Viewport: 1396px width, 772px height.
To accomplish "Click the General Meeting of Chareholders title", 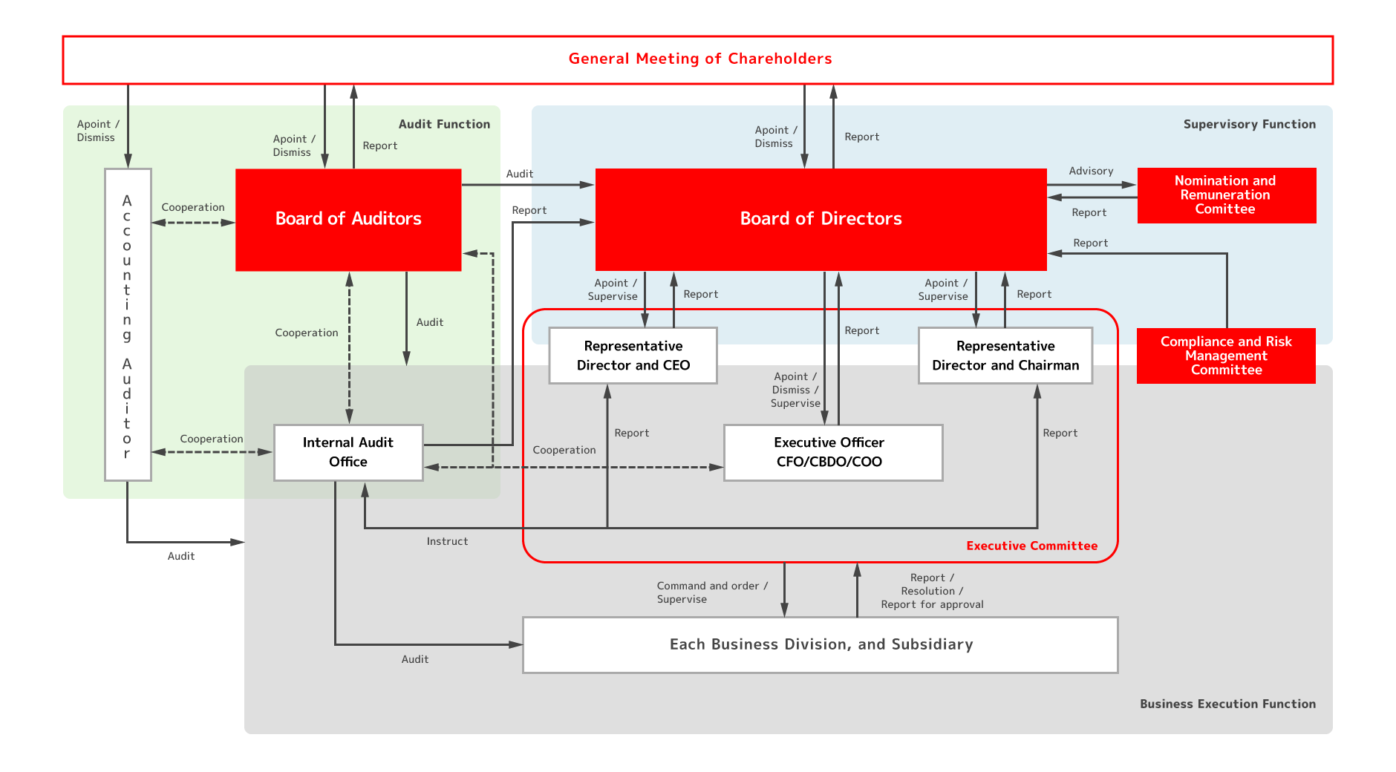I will pyautogui.click(x=699, y=59).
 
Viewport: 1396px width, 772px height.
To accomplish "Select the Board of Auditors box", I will pyautogui.click(x=348, y=219).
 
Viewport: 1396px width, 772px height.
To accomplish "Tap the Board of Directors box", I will pyautogui.click(x=821, y=219).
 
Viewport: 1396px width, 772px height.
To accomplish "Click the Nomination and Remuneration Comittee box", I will pyautogui.click(x=1226, y=195).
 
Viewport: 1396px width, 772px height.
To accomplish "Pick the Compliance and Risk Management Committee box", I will pyautogui.click(x=1226, y=356).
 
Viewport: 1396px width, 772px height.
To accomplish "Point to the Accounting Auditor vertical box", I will pyautogui.click(x=128, y=325).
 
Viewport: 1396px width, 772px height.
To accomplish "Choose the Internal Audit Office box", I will pyautogui.click(x=348, y=452).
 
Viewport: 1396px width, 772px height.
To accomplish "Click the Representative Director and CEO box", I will pyautogui.click(x=633, y=356).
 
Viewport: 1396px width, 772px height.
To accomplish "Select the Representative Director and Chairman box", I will pyautogui.click(x=1005, y=356).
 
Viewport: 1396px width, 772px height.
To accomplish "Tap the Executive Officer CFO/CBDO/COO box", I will pyautogui.click(x=832, y=452).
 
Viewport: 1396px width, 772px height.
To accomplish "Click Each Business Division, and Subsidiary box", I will pyautogui.click(x=821, y=644).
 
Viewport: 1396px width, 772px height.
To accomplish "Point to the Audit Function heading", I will pyautogui.click(x=444, y=124).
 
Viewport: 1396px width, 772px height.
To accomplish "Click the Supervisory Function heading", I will pyautogui.click(x=1249, y=124).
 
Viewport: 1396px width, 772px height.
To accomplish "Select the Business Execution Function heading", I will pyautogui.click(x=1227, y=704).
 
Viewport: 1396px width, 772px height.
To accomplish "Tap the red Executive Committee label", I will pyautogui.click(x=1031, y=546).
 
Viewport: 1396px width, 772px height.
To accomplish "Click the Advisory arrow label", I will pyautogui.click(x=1091, y=171).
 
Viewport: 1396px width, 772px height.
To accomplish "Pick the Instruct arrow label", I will pyautogui.click(x=447, y=541).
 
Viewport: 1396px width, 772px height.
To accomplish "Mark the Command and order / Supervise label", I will pyautogui.click(x=711, y=592).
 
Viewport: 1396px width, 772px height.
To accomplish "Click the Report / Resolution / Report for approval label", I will pyautogui.click(x=932, y=591).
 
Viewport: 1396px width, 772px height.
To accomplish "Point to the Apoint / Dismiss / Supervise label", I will pyautogui.click(x=795, y=390).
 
